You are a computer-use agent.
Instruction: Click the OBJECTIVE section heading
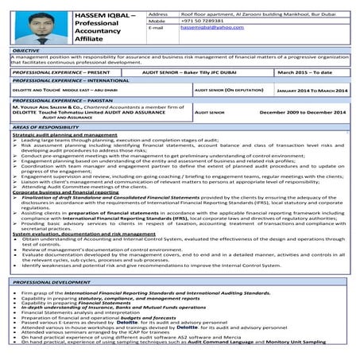pos(31,50)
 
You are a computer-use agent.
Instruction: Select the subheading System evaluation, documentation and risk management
pos(82,234)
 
